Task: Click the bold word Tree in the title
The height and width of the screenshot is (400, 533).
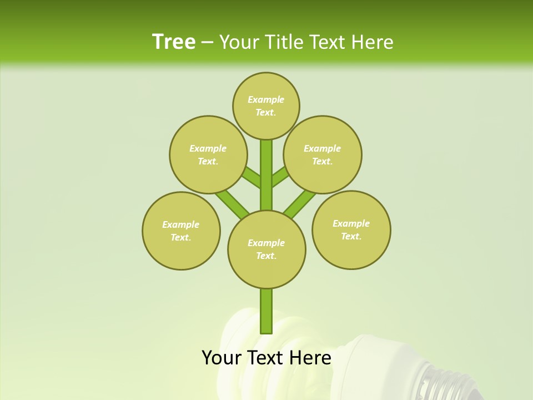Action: [174, 42]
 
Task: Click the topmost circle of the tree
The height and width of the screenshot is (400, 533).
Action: [266, 106]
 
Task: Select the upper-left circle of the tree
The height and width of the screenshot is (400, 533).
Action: [208, 154]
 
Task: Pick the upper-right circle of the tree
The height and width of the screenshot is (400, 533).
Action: [323, 154]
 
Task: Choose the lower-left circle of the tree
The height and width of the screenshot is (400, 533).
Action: [181, 231]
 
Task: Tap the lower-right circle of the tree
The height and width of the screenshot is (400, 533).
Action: [351, 229]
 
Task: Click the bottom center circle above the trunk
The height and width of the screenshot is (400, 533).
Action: [266, 249]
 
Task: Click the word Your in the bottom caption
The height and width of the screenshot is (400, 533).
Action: [221, 358]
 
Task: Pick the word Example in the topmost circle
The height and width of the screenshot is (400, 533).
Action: [266, 99]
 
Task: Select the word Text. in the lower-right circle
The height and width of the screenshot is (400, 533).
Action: [351, 236]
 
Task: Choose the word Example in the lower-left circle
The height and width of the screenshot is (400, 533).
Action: [181, 224]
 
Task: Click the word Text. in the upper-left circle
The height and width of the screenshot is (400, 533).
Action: [208, 161]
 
